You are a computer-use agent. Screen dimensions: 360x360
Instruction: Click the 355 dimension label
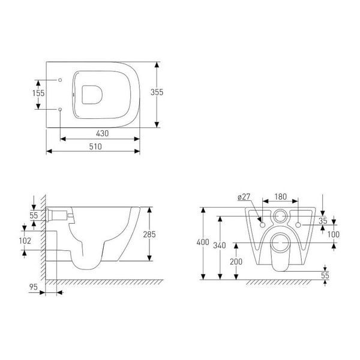tap(157, 92)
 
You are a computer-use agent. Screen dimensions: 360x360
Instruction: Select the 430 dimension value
tap(102, 133)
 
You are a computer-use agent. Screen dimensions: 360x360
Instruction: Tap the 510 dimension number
tap(95, 146)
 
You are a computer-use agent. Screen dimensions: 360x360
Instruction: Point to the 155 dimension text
tap(38, 93)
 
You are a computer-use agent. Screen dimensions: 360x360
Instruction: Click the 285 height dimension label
tap(149, 234)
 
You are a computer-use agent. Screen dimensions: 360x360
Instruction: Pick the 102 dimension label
tap(25, 241)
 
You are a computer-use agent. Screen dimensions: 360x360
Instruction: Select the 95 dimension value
tap(33, 287)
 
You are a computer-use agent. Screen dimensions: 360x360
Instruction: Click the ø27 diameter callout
tap(244, 197)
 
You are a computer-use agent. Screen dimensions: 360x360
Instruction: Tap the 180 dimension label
tap(281, 197)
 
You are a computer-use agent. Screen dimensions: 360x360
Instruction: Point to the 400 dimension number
tap(203, 242)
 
